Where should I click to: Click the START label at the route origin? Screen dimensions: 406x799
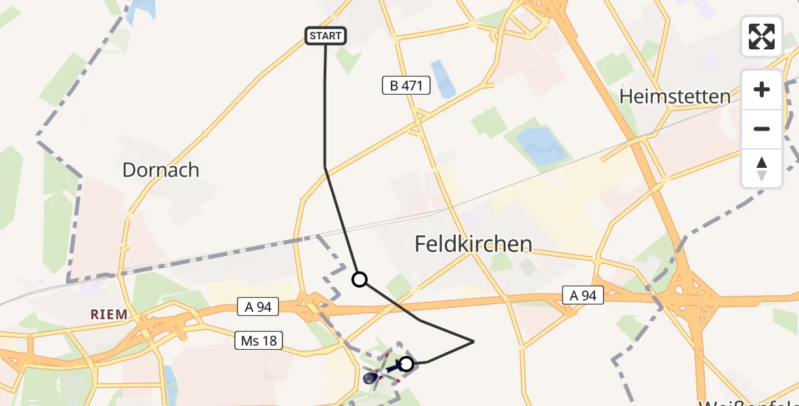pos(326,36)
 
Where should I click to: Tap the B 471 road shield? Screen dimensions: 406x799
pos(406,85)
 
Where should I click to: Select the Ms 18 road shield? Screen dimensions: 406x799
pos(259,340)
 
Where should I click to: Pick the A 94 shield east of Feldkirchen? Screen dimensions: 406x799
pos(582,295)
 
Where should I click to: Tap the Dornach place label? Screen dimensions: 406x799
pos(160,170)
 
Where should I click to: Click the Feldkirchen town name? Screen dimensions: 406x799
pos(473,244)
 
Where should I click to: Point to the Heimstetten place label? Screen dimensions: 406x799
pos(675,97)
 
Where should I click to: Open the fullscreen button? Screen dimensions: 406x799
pos(762,37)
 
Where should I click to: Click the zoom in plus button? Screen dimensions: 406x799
pos(762,90)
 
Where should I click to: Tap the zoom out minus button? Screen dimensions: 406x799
pos(762,129)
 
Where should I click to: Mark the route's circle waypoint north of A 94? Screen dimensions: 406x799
pos(360,279)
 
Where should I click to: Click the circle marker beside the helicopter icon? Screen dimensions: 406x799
pos(406,364)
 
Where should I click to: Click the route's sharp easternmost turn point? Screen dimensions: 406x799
pos(473,342)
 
